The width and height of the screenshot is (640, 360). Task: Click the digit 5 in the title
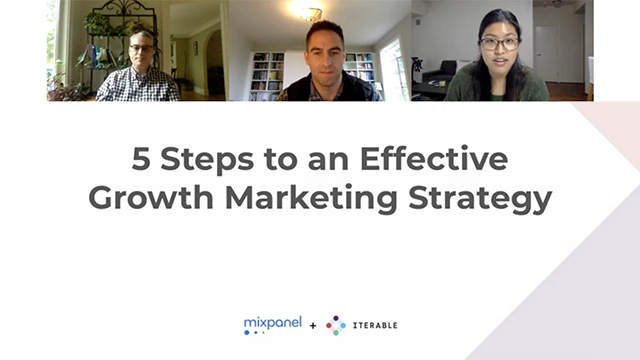tap(142, 158)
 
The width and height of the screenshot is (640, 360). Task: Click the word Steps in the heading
tap(204, 159)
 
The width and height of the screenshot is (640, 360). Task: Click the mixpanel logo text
tap(272, 321)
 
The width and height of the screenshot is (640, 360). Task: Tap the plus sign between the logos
tap(313, 326)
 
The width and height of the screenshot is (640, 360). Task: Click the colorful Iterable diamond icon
tap(336, 325)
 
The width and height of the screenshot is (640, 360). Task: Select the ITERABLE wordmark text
tap(374, 326)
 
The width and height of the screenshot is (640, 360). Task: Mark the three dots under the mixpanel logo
tap(253, 332)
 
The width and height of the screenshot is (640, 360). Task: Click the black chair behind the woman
tap(438, 76)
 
